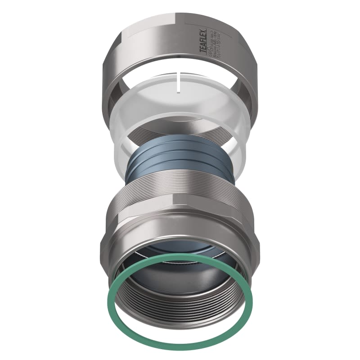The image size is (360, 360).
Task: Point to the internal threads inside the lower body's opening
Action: tap(180, 310)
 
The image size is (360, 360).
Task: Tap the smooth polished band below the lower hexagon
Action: tap(180, 243)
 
